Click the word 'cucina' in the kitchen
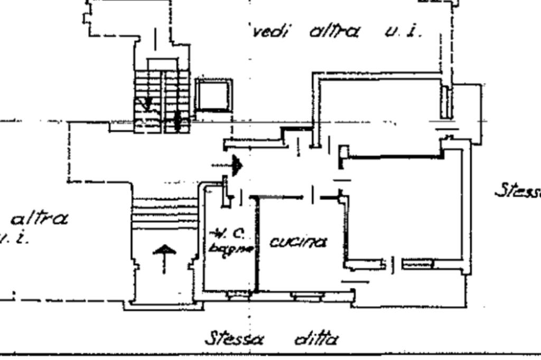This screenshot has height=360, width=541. coord(299,242)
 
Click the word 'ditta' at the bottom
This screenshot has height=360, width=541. coord(315,338)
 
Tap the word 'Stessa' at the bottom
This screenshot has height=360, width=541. coord(235,337)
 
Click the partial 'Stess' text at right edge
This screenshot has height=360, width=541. coord(518,190)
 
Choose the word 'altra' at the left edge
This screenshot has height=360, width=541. coord(39,218)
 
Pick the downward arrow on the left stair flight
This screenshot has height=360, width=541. coord(147,103)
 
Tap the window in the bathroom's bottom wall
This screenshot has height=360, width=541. coord(238,296)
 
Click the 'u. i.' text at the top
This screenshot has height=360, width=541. coord(404,32)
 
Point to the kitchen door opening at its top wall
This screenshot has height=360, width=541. coord(313,196)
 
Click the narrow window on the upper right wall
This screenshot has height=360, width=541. coord(446,102)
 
